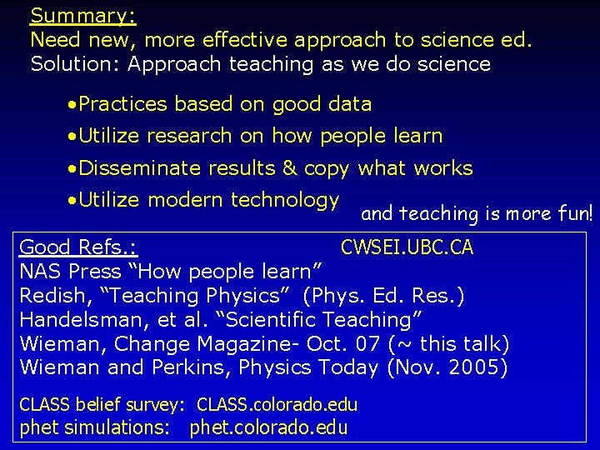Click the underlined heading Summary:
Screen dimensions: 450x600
point(83,16)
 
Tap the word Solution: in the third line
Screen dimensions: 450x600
point(70,63)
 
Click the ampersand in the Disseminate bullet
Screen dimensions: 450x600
point(289,168)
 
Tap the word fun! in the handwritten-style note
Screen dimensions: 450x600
point(575,213)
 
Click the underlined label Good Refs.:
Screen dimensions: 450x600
point(78,247)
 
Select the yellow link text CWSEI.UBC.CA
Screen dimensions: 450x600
point(407,247)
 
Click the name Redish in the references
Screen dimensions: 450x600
point(47,296)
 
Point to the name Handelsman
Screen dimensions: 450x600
point(76,320)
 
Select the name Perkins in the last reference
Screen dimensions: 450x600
point(186,367)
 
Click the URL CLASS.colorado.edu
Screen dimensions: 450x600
point(277,405)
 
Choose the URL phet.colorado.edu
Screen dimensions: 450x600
point(268,428)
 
